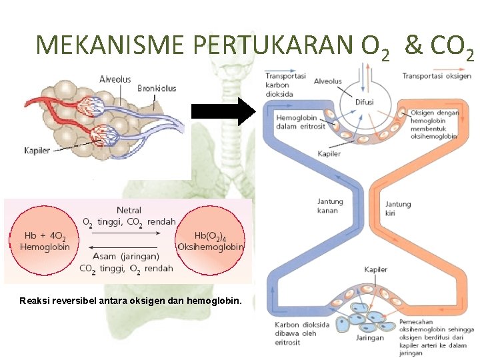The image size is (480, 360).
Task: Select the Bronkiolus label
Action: tap(157, 88)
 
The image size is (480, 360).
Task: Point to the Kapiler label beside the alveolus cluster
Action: tap(37, 151)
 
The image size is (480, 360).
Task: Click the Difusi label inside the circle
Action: tap(364, 102)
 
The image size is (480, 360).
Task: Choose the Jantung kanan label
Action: tap(330, 206)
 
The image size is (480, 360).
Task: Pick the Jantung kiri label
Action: tap(398, 209)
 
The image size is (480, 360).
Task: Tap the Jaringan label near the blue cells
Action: tap(369, 337)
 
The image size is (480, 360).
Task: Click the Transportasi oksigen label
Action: tap(437, 76)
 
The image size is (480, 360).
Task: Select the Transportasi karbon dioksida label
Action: tap(286, 85)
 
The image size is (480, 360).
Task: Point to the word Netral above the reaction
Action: tap(129, 211)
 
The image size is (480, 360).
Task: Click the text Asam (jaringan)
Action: tap(127, 256)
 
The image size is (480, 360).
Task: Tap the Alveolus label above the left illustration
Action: tap(115, 79)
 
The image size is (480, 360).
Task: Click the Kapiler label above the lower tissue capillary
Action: tap(375, 269)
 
